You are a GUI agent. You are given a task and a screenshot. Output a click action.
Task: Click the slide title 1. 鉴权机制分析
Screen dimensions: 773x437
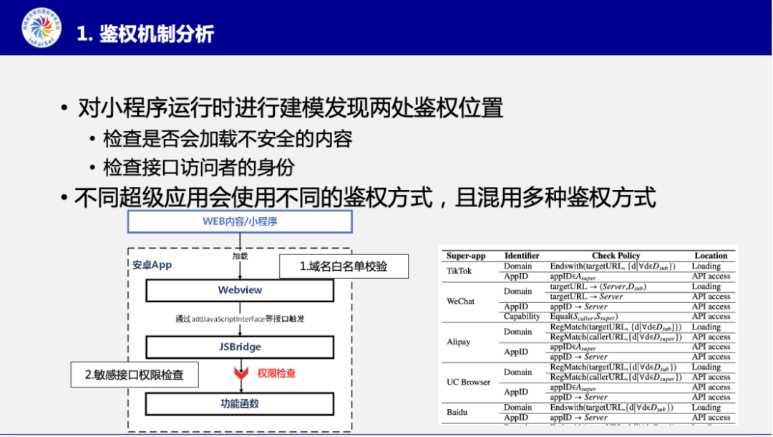[x=146, y=33]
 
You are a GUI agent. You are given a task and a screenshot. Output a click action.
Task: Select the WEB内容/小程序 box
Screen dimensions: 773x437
[x=240, y=221]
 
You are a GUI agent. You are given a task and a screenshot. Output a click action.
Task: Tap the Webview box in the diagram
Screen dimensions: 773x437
[x=240, y=290]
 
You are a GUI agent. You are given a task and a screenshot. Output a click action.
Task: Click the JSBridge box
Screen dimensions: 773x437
[x=240, y=347]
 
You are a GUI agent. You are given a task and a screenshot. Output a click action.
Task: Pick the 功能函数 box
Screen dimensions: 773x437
[x=240, y=403]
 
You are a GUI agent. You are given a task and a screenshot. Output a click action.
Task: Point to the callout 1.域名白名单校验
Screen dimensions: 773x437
[x=344, y=266]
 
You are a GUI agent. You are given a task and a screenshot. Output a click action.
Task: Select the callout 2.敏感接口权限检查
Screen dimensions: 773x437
[x=134, y=375]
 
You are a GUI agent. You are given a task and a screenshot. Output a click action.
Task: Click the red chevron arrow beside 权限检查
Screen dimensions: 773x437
[x=240, y=373]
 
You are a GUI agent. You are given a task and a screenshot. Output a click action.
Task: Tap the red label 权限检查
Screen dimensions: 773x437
[x=277, y=373]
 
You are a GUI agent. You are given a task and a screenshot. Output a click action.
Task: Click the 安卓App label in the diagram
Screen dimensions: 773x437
[x=152, y=264]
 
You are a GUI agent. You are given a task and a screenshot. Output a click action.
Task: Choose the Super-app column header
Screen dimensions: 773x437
[x=466, y=256]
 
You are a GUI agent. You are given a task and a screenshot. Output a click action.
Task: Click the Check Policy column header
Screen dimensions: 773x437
[x=616, y=256]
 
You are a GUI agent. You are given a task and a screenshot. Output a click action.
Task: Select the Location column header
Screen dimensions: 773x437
[x=711, y=256]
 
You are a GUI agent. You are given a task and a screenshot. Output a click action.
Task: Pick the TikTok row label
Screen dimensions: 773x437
[x=460, y=271]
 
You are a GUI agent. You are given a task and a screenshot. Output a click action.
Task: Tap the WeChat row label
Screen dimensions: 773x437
[x=460, y=301]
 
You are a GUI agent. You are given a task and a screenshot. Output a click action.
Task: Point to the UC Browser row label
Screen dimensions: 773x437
[x=469, y=382]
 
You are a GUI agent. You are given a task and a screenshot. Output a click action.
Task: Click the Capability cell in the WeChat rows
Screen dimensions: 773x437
[x=522, y=317]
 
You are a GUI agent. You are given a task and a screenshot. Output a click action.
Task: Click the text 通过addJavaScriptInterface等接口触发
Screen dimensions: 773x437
[x=240, y=318]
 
